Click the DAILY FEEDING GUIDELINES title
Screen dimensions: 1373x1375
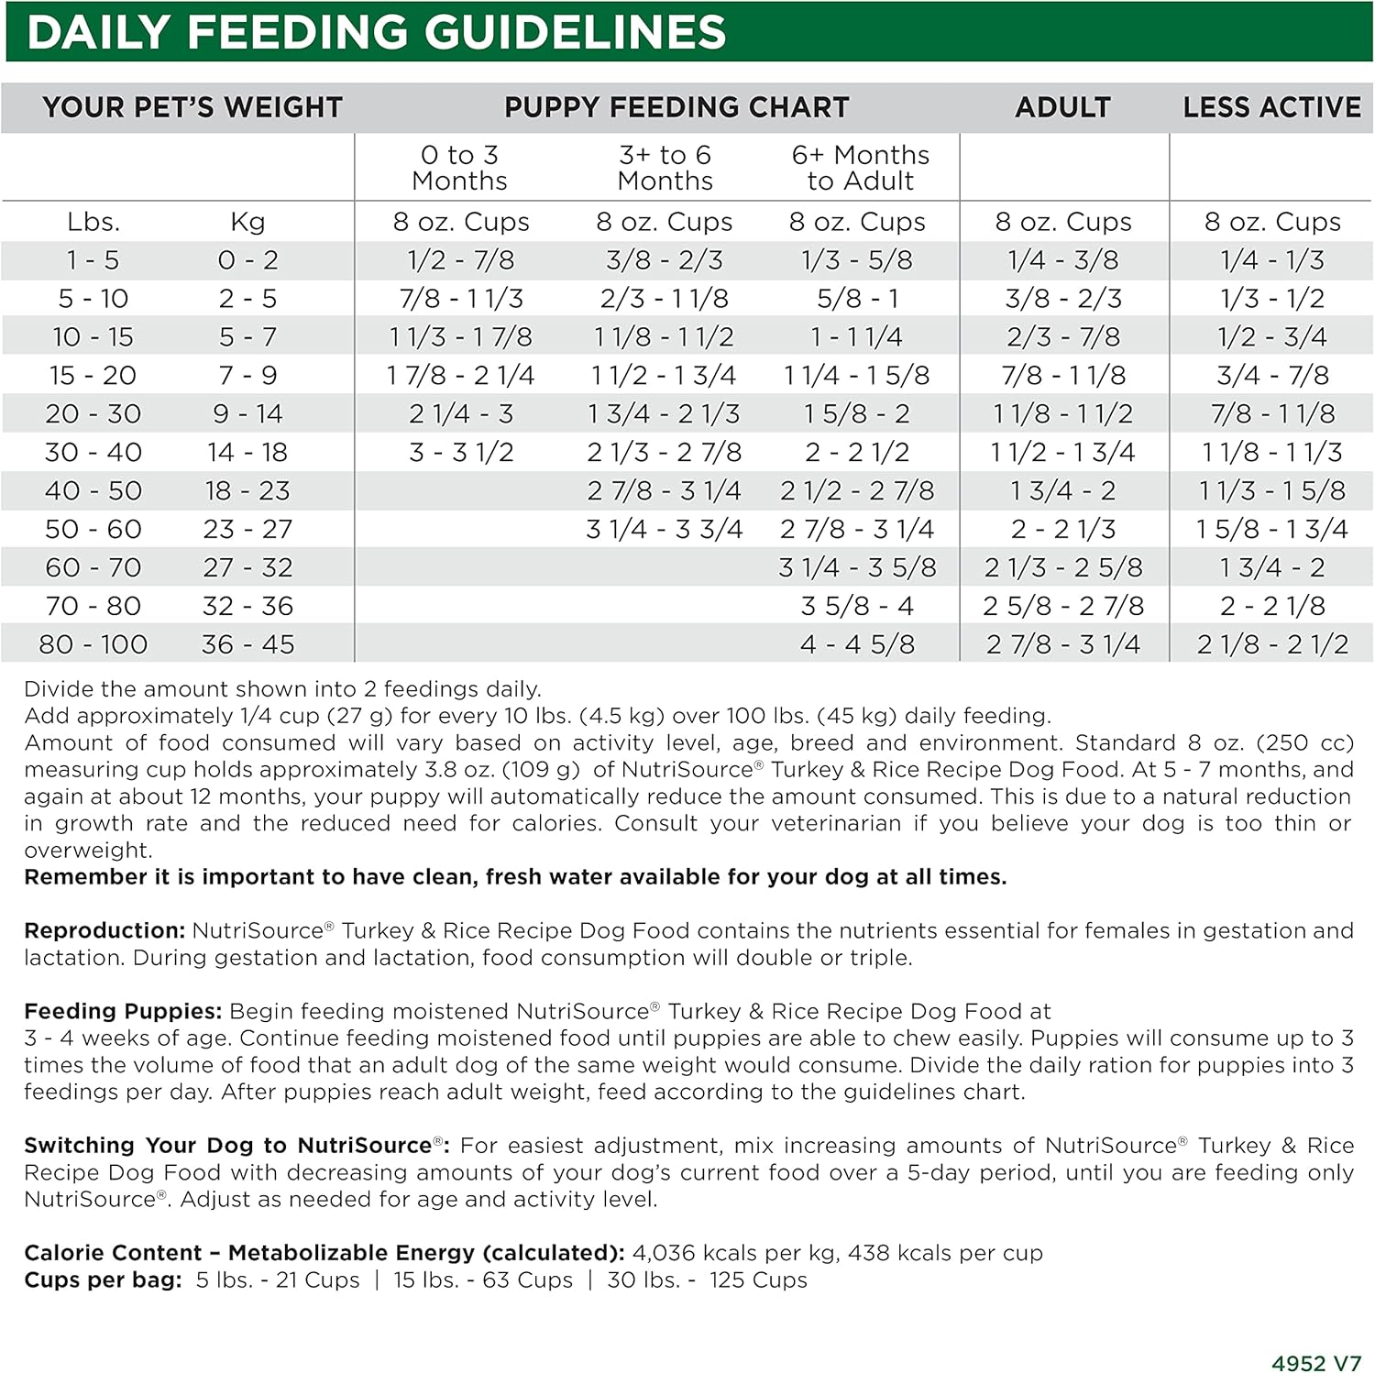pyautogui.click(x=377, y=33)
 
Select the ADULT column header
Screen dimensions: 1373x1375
pyautogui.click(x=1062, y=107)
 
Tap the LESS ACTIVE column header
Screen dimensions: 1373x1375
pyautogui.click(x=1271, y=107)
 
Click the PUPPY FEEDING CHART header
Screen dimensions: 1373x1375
pyautogui.click(x=676, y=107)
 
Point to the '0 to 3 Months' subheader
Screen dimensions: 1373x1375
pyautogui.click(x=459, y=168)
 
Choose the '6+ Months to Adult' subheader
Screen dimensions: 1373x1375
pyautogui.click(x=860, y=168)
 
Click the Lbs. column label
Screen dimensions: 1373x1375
pyautogui.click(x=93, y=222)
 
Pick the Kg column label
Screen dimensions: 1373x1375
pyautogui.click(x=247, y=222)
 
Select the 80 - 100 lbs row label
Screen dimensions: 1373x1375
pyautogui.click(x=93, y=644)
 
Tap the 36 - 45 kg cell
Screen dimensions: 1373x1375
pyautogui.click(x=247, y=644)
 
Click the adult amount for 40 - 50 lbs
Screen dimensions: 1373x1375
pyautogui.click(x=1063, y=490)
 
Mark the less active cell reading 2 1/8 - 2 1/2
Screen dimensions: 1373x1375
pyautogui.click(x=1272, y=644)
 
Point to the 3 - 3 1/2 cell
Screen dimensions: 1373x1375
pyautogui.click(x=461, y=452)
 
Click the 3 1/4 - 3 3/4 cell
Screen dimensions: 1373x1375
pyautogui.click(x=665, y=529)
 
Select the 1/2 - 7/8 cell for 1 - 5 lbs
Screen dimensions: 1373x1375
pyautogui.click(x=461, y=260)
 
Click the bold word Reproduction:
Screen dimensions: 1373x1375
pyautogui.click(x=104, y=930)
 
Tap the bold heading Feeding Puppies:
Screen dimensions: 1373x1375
pyautogui.click(x=123, y=1011)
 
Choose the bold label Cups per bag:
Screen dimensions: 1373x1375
pyautogui.click(x=103, y=1280)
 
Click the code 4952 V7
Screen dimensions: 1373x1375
pyautogui.click(x=1316, y=1363)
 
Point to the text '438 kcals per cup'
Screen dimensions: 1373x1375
pyautogui.click(x=945, y=1252)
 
